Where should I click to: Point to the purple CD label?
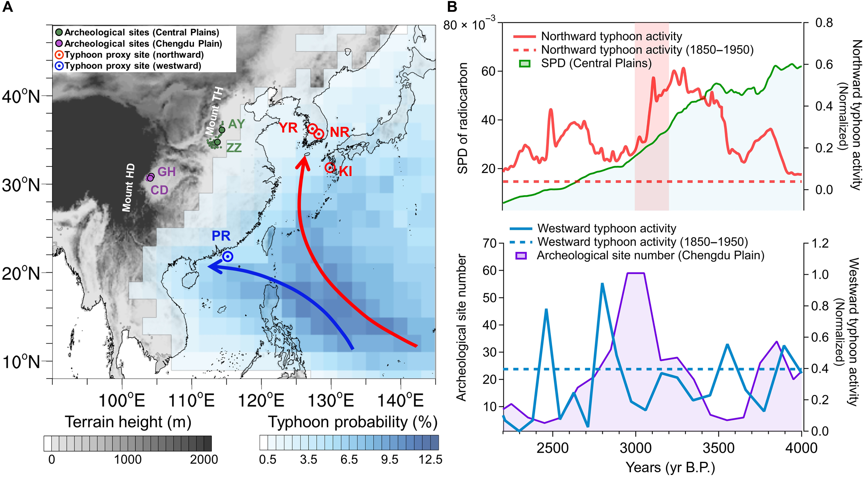(x=159, y=190)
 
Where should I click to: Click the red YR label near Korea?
(x=288, y=128)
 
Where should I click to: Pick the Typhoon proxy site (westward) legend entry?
(x=133, y=66)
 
